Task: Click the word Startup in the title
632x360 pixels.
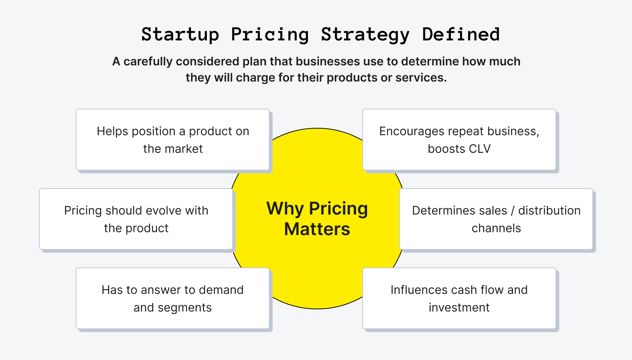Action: (180, 35)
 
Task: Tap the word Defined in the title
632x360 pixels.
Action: (461, 35)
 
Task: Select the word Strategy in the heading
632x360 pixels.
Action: (365, 35)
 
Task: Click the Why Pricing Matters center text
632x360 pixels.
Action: (317, 219)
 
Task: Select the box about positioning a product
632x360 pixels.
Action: (173, 140)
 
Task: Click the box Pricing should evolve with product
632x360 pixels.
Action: (136, 219)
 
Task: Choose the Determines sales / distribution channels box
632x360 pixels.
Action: (496, 219)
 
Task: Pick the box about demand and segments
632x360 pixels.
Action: (173, 298)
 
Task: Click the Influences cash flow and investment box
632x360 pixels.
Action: (459, 298)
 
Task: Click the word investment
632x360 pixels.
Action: (459, 307)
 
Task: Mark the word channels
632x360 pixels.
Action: (496, 228)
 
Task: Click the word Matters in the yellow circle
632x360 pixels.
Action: (317, 229)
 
